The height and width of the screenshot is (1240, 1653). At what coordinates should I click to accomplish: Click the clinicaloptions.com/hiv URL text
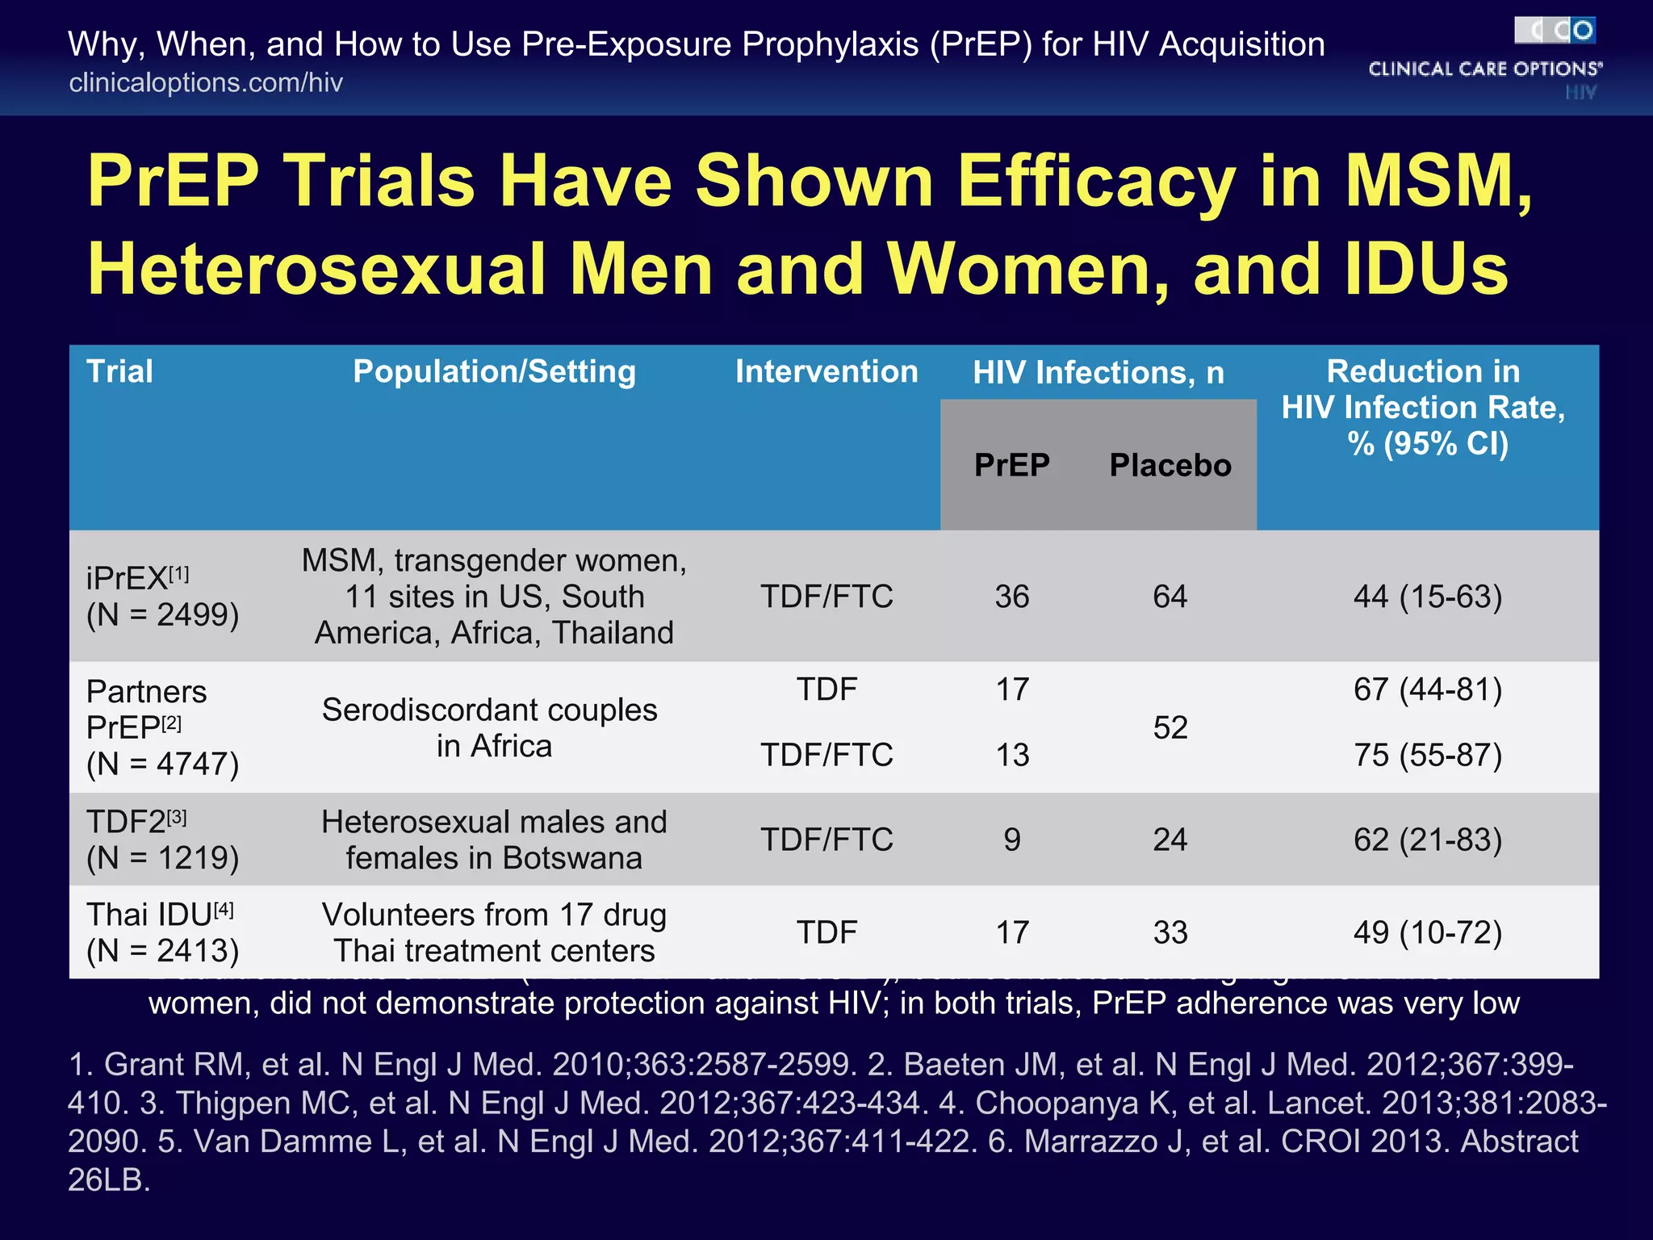click(206, 82)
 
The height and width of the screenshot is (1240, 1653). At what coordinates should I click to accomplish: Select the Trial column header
click(119, 371)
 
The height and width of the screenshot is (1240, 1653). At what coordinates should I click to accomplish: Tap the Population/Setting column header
click(494, 371)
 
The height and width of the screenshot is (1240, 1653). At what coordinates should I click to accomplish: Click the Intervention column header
click(826, 371)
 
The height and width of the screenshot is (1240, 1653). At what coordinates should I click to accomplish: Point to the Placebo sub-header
click(1170, 465)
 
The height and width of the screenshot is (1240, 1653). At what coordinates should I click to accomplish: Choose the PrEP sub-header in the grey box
click(1011, 465)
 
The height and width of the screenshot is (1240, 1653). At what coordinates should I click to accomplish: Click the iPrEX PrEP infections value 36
click(1011, 597)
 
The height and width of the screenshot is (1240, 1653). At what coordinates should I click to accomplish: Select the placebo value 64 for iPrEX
click(1170, 597)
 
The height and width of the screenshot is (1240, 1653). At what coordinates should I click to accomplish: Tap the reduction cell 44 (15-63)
click(1427, 597)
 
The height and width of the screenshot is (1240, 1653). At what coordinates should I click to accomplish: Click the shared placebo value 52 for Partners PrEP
click(1170, 727)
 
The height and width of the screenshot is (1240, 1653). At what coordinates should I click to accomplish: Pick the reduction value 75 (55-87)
click(1427, 755)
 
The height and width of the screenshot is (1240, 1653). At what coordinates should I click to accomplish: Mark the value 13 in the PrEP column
click(1011, 755)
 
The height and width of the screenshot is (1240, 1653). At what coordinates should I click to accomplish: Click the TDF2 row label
click(161, 840)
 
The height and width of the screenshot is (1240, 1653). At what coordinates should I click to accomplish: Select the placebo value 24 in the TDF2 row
click(1170, 840)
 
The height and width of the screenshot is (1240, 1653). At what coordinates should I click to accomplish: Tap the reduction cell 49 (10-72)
click(1427, 932)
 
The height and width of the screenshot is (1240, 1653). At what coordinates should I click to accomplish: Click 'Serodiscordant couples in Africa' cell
click(491, 727)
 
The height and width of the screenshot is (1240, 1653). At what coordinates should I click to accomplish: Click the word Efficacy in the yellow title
click(1095, 181)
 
